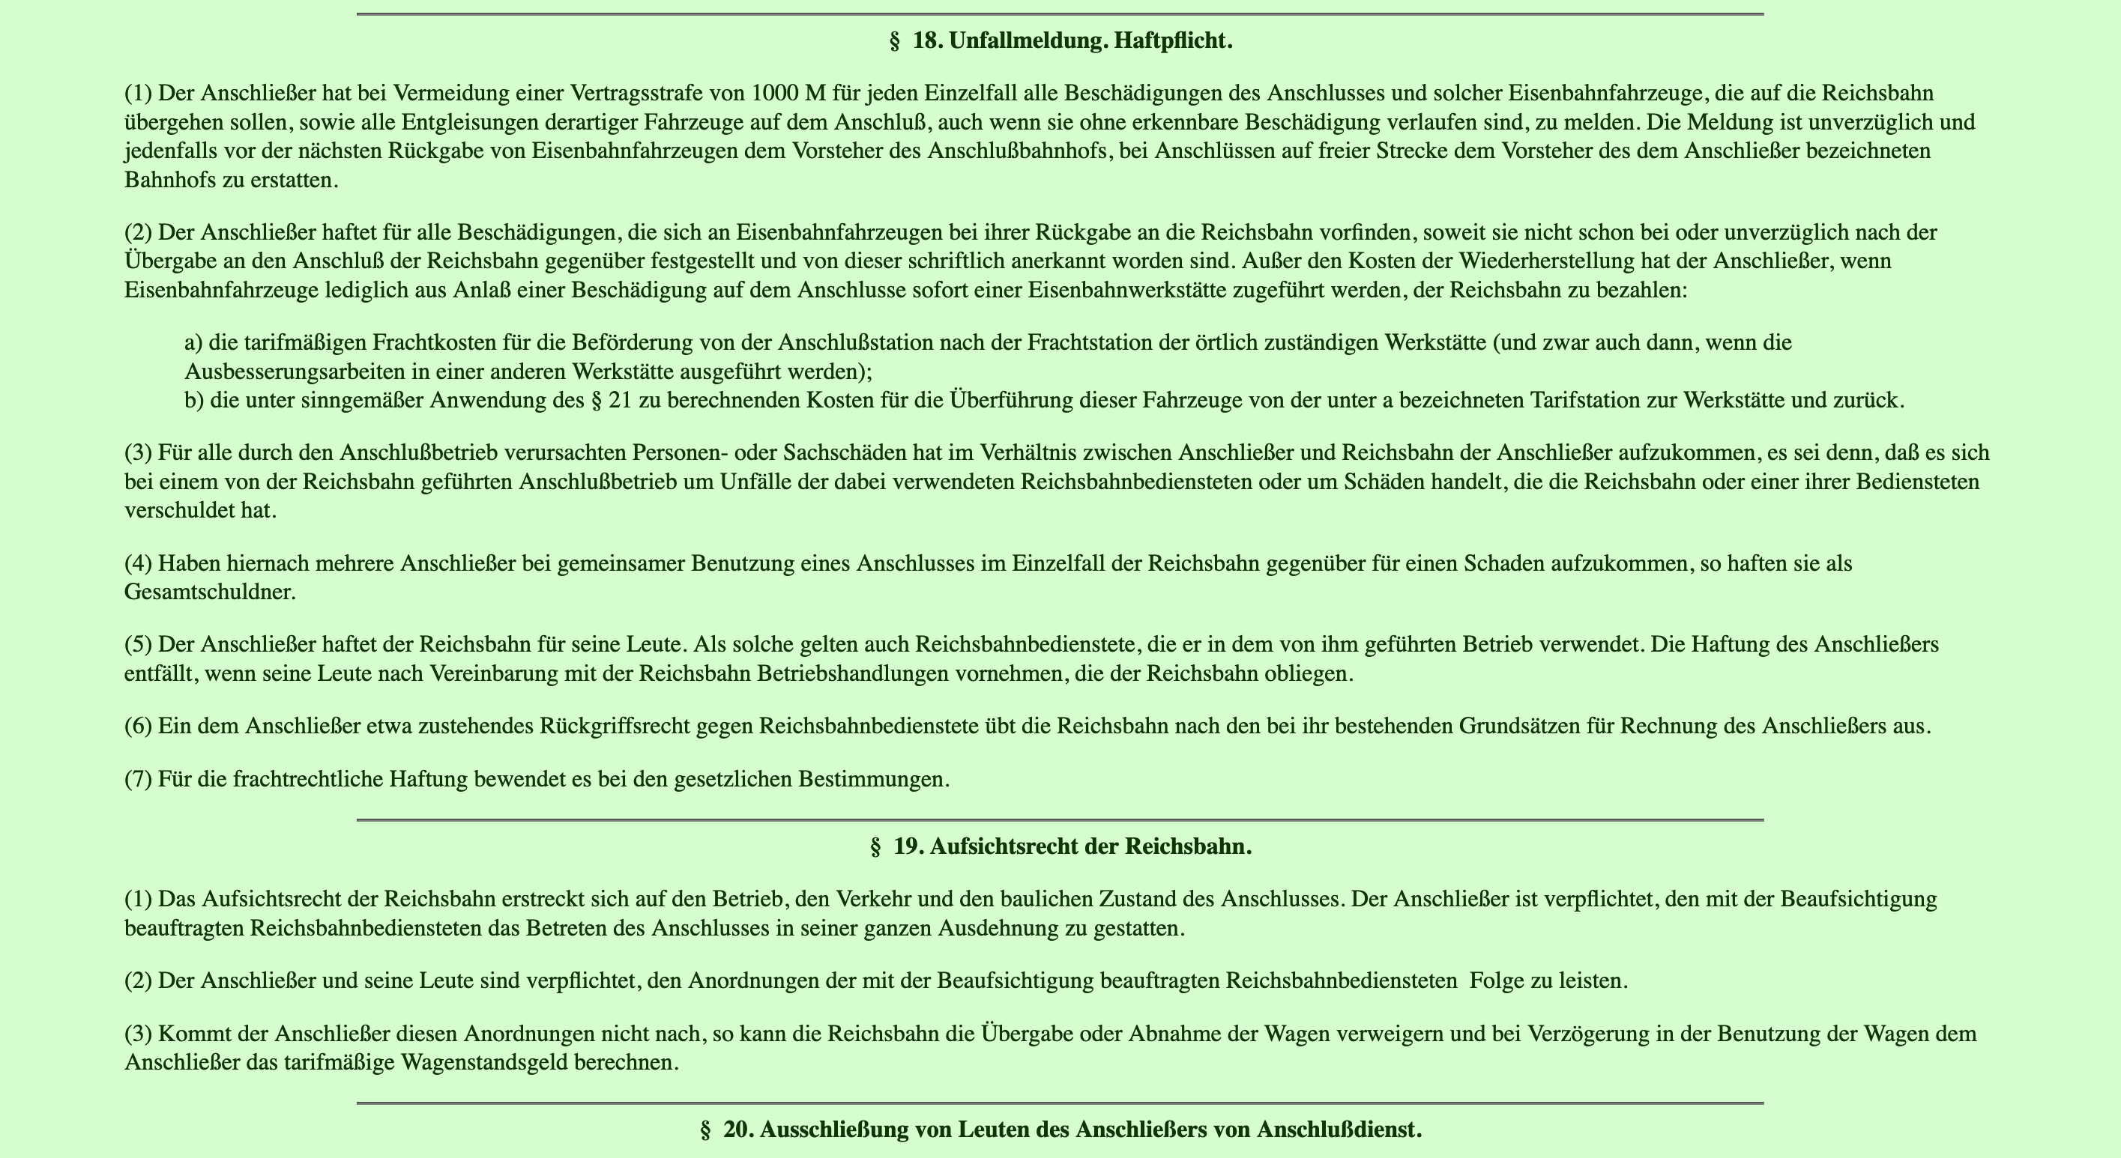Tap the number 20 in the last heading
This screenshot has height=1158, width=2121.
click(x=737, y=1130)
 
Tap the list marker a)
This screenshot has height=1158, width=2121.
click(x=193, y=342)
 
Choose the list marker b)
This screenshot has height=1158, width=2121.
click(x=194, y=401)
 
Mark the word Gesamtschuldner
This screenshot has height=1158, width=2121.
click(x=209, y=592)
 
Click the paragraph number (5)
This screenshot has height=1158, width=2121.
click(x=139, y=644)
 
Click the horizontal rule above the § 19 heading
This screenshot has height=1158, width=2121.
click(x=1060, y=819)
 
